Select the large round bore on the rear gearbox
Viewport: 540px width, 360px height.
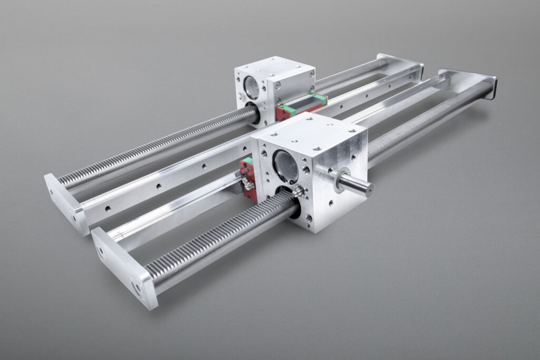252,87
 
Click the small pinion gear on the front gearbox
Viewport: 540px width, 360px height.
301,192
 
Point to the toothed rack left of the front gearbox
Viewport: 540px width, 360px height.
216,232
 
